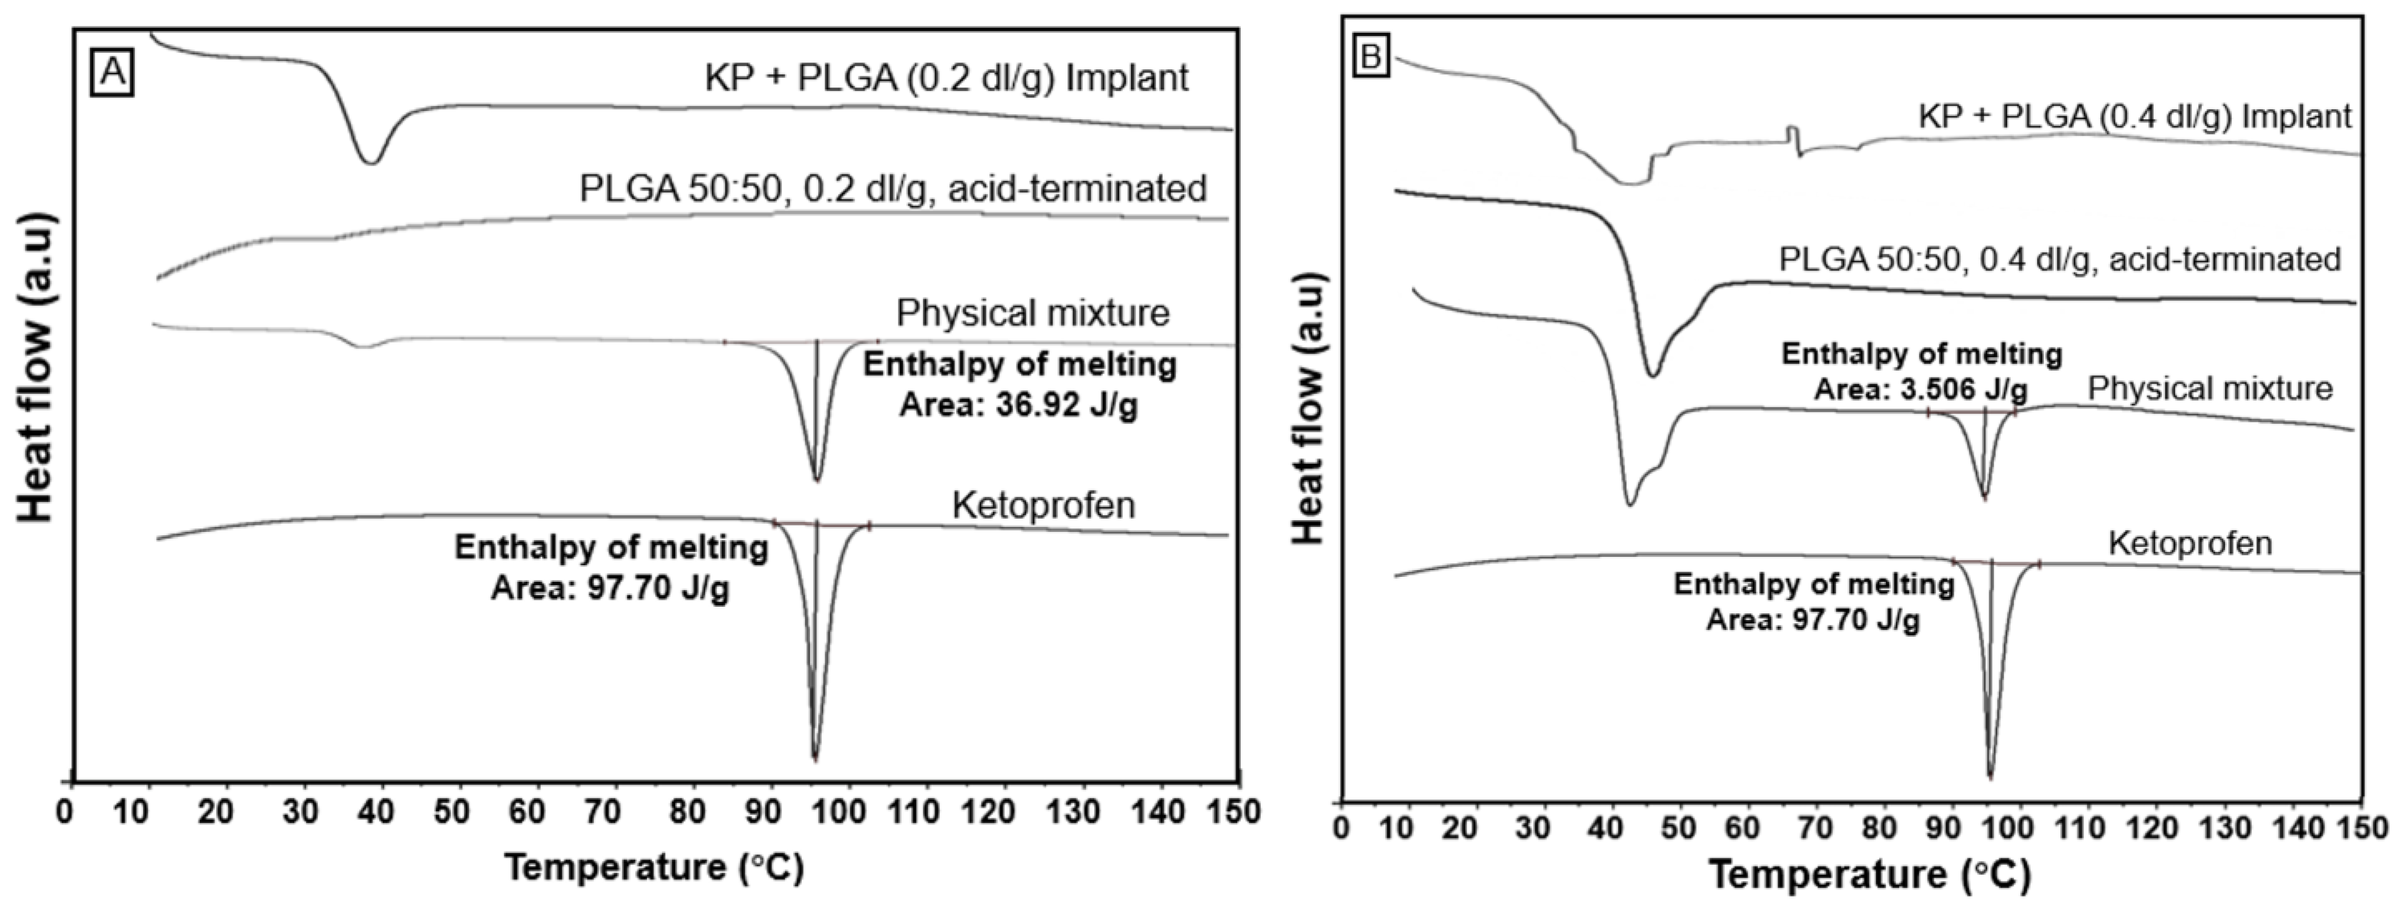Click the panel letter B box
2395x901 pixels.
coord(1370,58)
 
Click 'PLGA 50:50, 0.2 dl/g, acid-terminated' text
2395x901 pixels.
coord(892,189)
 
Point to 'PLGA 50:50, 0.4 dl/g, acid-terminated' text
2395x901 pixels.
coord(2059,259)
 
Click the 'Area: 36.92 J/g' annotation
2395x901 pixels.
coord(1018,406)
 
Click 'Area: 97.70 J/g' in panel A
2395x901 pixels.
coord(610,588)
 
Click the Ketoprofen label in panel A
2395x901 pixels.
coord(1043,505)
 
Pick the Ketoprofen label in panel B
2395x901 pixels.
coord(2189,543)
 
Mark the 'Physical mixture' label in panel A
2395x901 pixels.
coord(1032,313)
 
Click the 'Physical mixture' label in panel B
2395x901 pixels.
coord(2210,388)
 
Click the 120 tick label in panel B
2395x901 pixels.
coord(2157,827)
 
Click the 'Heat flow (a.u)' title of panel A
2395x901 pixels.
coord(37,367)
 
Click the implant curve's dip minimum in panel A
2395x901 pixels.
coord(371,163)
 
